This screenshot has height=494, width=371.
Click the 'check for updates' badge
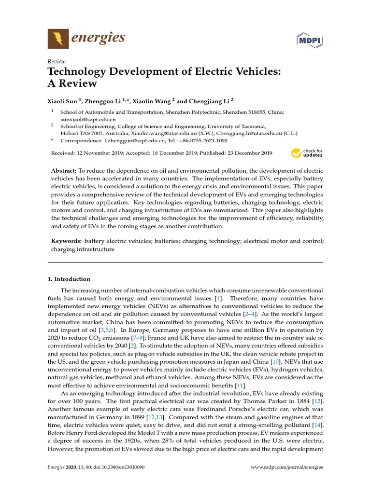point(307,153)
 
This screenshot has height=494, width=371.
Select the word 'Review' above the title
point(56,61)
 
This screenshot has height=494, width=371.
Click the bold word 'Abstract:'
point(64,171)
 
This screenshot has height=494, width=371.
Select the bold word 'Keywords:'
point(67,240)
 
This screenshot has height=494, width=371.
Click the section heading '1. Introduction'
point(69,279)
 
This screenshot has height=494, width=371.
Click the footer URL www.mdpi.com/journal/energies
point(287,467)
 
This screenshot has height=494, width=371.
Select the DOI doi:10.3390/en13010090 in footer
point(120,467)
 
